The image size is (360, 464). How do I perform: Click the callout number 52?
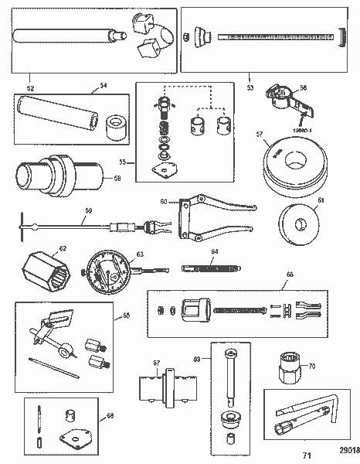click(x=31, y=77)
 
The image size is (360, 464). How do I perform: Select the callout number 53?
click(x=250, y=77)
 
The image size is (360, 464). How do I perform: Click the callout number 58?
click(x=117, y=179)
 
